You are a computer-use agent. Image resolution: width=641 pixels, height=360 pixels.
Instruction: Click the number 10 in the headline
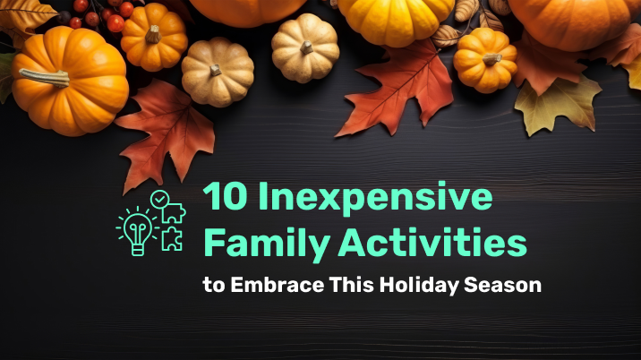pos(225,196)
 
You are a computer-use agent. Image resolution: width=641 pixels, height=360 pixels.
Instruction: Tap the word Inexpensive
pos(375,199)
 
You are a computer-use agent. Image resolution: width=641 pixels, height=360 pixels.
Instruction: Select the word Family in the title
pos(267,244)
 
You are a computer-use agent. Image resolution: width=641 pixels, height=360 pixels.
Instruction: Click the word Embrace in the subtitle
pos(278,285)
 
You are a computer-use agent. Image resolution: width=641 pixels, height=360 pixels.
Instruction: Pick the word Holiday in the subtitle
pos(419,286)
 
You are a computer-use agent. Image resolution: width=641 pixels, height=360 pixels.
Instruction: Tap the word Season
pos(502,285)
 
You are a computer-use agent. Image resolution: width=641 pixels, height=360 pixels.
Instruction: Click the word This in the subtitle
pos(352,285)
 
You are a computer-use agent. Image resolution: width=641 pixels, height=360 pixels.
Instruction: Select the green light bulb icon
pos(138,231)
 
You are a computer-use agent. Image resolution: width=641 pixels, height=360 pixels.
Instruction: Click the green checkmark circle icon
pos(160,199)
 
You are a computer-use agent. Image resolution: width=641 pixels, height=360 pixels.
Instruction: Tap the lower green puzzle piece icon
pos(172,238)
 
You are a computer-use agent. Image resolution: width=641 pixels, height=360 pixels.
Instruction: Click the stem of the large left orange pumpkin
pos(45,77)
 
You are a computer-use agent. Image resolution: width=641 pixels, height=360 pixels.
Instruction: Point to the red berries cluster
pos(95,15)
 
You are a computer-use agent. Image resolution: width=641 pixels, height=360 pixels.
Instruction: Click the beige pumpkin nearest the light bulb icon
pos(218,72)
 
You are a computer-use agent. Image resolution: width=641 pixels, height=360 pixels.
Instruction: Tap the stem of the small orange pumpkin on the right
pos(491,59)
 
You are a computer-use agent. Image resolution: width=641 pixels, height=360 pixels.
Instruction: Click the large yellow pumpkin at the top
pos(396,20)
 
